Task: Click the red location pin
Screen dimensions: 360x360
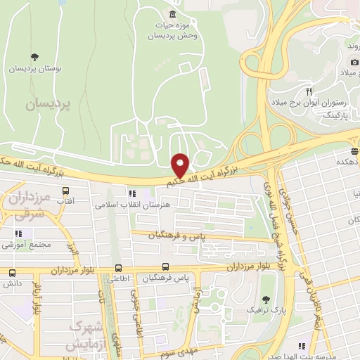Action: coord(180,166)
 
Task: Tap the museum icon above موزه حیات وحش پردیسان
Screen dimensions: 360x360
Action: coord(172,15)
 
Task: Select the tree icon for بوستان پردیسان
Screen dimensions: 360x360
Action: coord(34,57)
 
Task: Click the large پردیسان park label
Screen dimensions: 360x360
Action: coord(49,104)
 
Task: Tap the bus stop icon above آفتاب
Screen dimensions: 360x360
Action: coord(66,191)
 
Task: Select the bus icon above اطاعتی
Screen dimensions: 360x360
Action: coord(118,268)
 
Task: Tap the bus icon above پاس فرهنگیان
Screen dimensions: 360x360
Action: coord(166,267)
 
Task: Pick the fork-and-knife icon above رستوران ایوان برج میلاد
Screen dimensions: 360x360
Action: coord(308,91)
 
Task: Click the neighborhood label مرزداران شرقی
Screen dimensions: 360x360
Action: coord(28,203)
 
